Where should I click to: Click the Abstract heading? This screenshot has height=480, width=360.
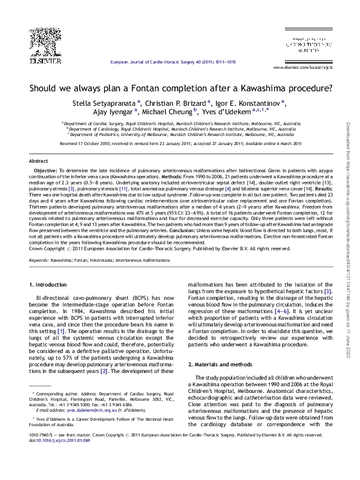(x=38, y=161)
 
